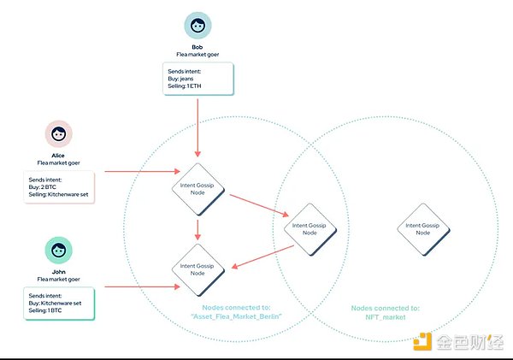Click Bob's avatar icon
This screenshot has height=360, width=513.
point(198,27)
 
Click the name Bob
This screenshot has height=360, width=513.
point(198,46)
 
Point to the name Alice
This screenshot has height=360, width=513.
point(59,155)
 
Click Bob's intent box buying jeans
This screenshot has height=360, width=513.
point(198,78)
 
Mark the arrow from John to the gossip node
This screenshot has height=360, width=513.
point(137,286)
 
